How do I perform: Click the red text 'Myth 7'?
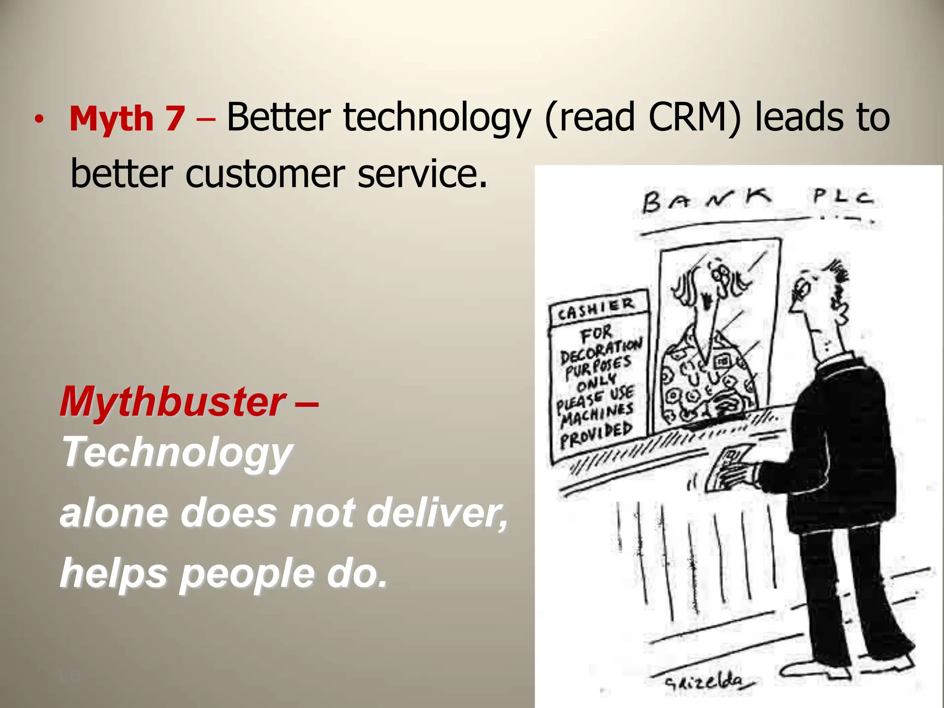point(127,119)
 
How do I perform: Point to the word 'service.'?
point(422,174)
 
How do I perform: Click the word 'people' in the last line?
point(247,573)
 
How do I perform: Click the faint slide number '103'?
point(69,677)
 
